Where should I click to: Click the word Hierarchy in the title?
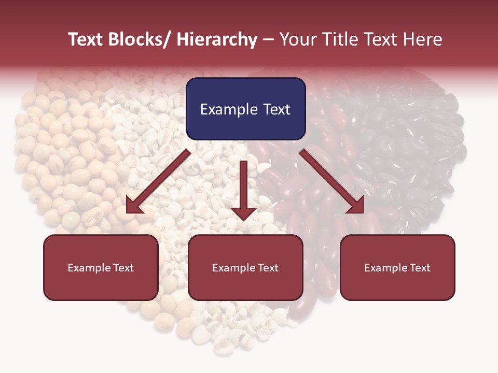click(x=217, y=39)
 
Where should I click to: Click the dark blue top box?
click(x=245, y=109)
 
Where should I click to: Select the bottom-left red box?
click(x=101, y=267)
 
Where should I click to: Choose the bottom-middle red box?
click(x=245, y=267)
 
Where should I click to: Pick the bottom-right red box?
click(x=397, y=267)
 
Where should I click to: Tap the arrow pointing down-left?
click(x=158, y=181)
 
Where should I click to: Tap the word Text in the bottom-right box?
click(x=420, y=268)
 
